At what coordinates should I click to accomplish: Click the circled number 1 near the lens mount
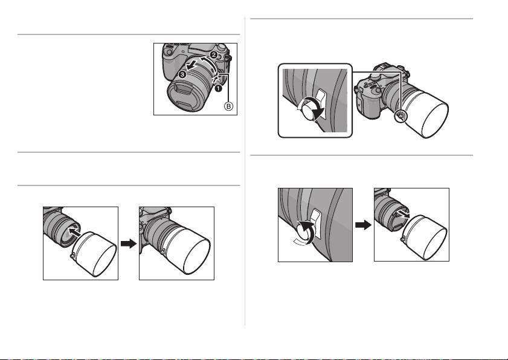click(219, 88)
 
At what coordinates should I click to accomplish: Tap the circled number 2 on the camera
click(213, 55)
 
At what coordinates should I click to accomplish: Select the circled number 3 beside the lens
click(183, 75)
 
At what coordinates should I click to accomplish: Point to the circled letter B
click(229, 106)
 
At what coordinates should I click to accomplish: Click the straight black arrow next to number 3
click(193, 64)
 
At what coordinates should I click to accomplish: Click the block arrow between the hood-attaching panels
click(129, 243)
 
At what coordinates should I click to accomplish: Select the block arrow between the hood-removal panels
click(363, 225)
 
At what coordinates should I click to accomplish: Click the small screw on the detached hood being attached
click(72, 256)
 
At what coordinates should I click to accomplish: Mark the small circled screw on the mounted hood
click(400, 116)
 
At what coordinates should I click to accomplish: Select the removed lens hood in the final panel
click(425, 236)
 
